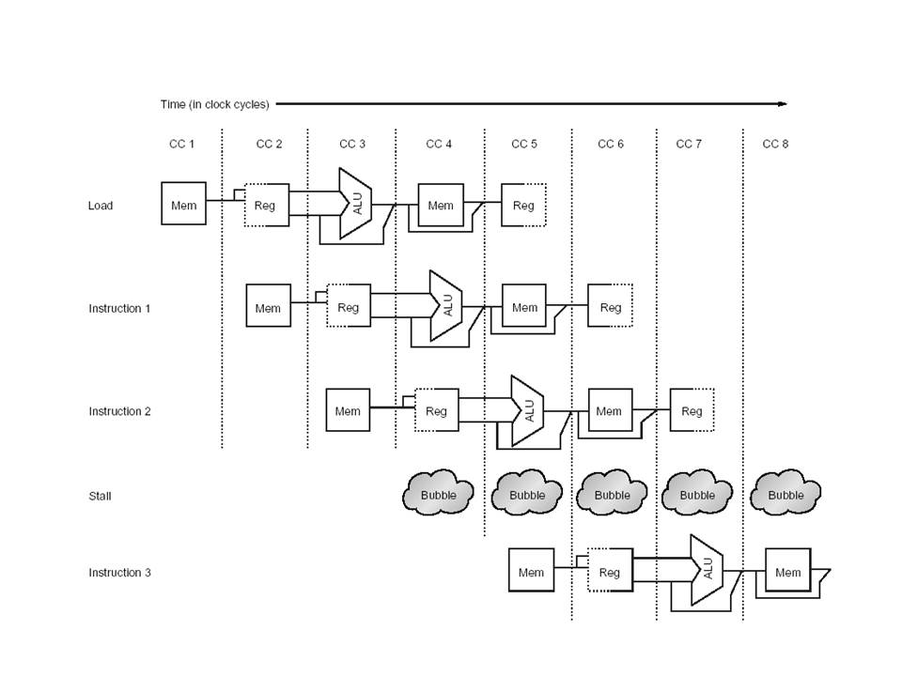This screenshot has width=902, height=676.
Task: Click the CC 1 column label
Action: click(180, 144)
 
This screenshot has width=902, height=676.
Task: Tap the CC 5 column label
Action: click(524, 144)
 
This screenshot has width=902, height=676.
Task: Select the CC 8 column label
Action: click(775, 144)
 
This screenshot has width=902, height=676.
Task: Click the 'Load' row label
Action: click(101, 206)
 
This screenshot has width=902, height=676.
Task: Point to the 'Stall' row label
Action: click(100, 496)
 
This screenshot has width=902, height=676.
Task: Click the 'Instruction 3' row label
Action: click(119, 573)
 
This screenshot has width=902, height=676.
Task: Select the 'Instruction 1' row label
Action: click(119, 308)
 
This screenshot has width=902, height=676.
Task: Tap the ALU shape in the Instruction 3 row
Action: click(707, 569)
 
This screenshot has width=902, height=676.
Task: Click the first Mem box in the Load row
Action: click(184, 206)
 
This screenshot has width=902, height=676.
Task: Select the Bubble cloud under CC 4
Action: click(438, 494)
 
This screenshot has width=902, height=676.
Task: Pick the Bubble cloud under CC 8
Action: click(785, 494)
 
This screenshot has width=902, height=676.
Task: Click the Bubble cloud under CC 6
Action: click(612, 494)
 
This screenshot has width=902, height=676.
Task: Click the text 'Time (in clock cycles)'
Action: click(214, 104)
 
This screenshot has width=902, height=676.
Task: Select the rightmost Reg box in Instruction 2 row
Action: click(692, 410)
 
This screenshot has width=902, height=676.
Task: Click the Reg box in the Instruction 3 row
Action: click(610, 571)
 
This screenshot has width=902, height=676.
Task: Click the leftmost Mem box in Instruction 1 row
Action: click(268, 307)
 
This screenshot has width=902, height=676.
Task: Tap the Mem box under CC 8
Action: click(787, 572)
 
